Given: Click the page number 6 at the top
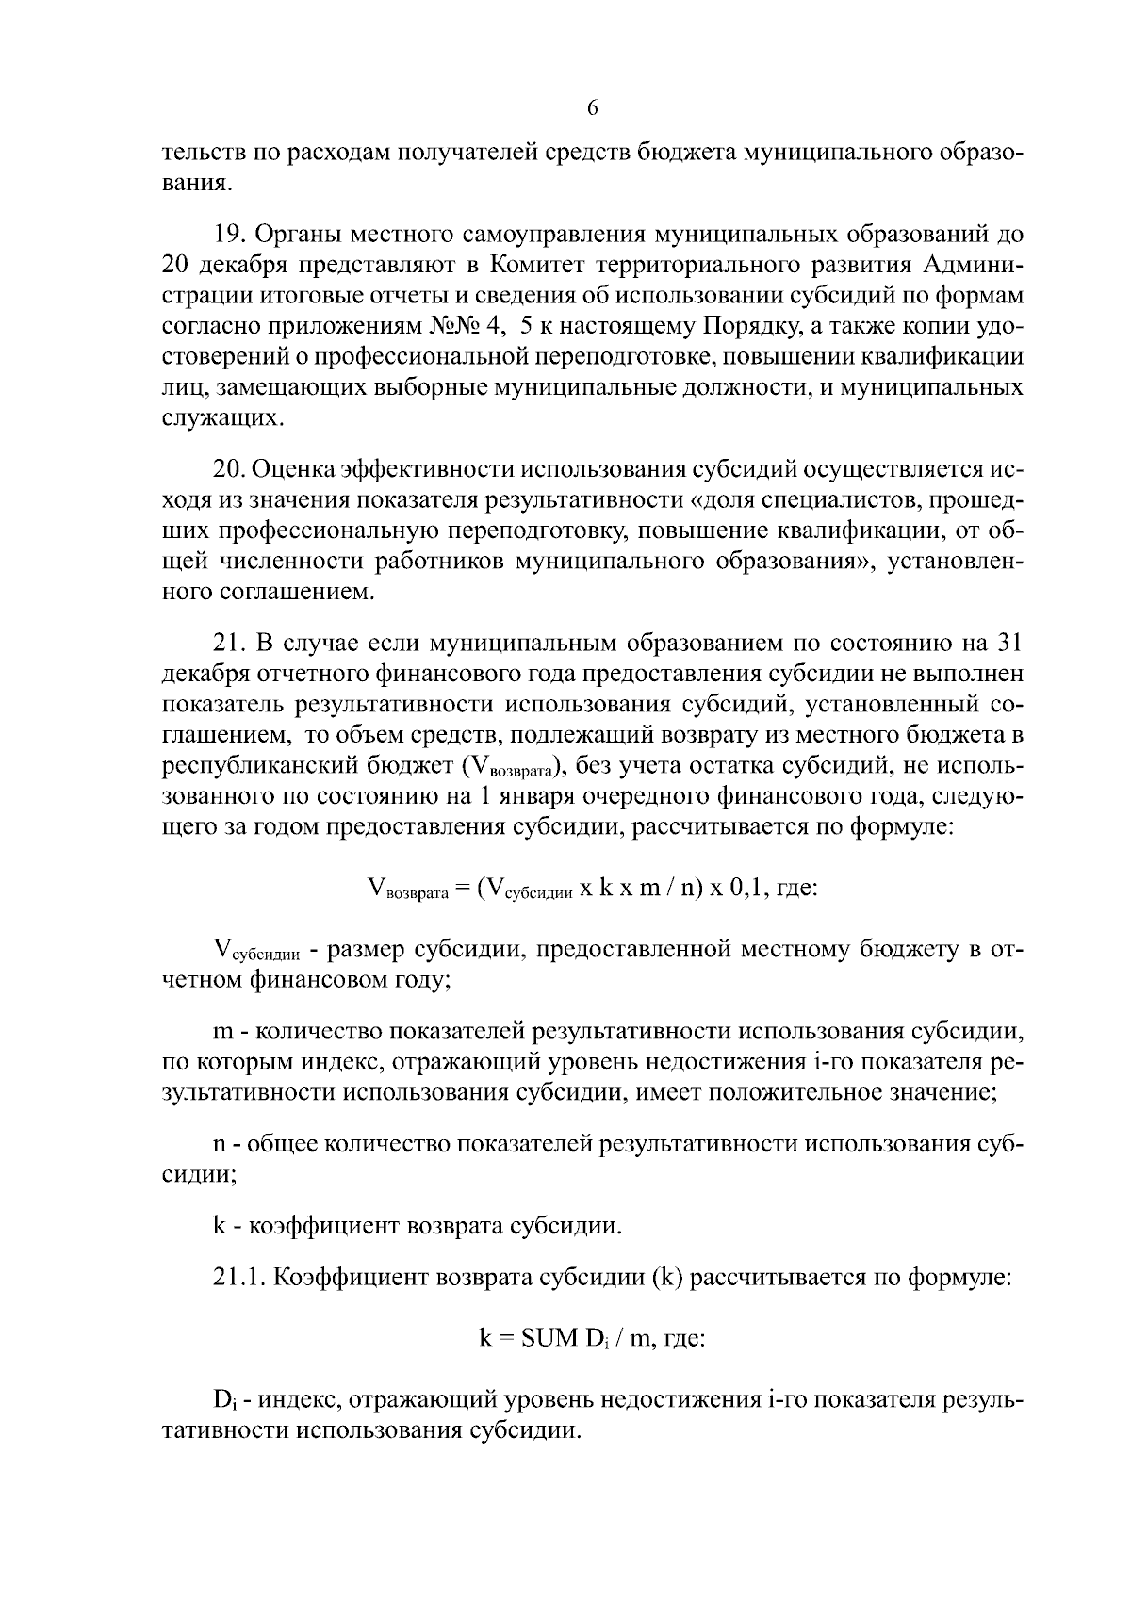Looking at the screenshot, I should (592, 108).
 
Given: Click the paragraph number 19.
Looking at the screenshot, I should (230, 233).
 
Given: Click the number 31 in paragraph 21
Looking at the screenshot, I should (1005, 644).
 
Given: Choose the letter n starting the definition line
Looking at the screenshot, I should (220, 1145).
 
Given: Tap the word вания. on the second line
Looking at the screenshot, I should (196, 182).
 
